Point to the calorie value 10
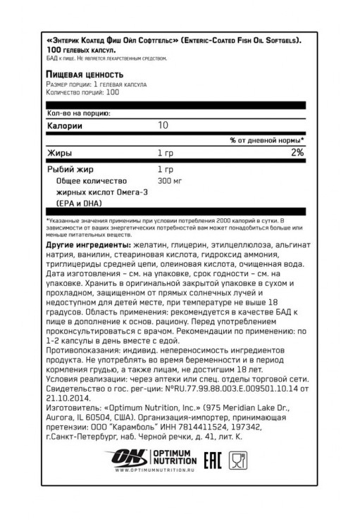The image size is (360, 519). pyautogui.click(x=163, y=125)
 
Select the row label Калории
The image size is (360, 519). pyautogui.click(x=64, y=125)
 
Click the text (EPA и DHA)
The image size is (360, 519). pyautogui.click(x=74, y=201)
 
